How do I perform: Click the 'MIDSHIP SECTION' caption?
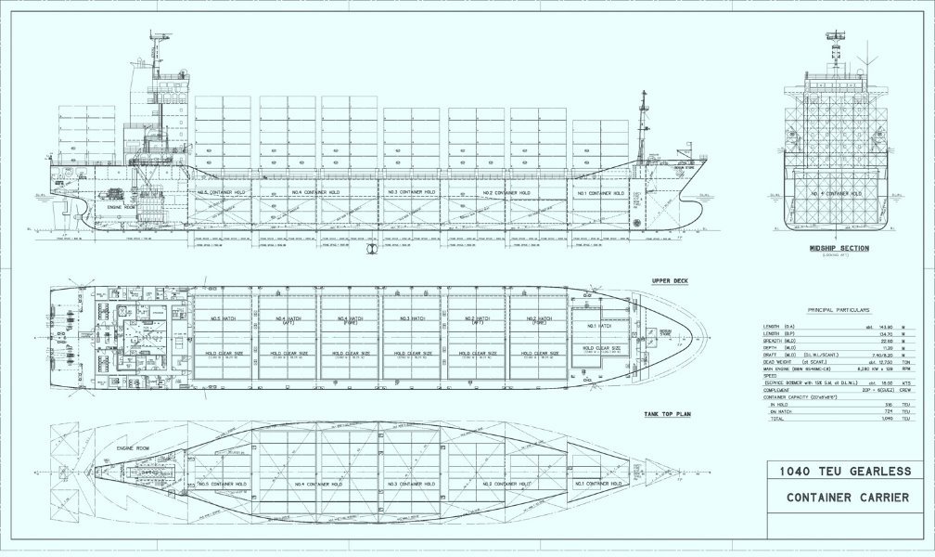838,248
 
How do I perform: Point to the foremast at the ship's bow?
642,121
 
